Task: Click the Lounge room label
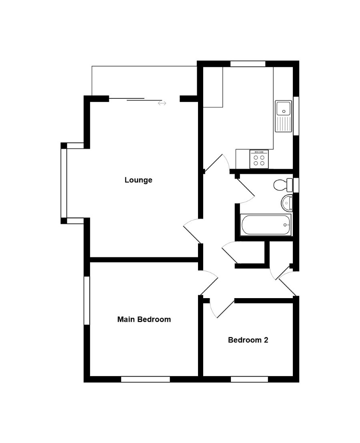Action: [138, 180]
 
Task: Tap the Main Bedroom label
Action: [144, 319]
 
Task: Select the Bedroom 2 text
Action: [248, 340]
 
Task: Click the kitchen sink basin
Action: [284, 108]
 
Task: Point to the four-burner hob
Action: [259, 159]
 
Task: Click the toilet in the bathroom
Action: [283, 185]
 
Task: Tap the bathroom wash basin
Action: [286, 203]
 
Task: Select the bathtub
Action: [266, 225]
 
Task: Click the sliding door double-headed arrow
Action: [162, 103]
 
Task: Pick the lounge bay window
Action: [64, 183]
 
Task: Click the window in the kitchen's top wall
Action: [248, 64]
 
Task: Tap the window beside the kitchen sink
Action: [296, 116]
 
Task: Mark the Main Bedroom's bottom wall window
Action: [146, 379]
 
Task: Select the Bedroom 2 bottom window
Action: [249, 379]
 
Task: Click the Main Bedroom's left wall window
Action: [87, 300]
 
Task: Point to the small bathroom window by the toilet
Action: [296, 185]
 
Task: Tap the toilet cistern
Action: [290, 185]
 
